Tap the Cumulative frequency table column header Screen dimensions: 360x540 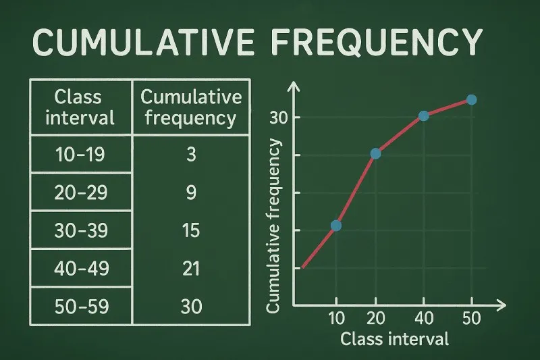click(x=191, y=108)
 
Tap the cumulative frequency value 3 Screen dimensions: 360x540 click(x=191, y=155)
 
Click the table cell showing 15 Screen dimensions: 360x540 click(x=191, y=230)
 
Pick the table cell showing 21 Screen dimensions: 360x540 click(x=191, y=268)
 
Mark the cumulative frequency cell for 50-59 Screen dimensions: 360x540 click(x=191, y=306)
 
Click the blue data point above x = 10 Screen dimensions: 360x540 click(x=335, y=226)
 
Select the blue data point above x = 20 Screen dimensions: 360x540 click(x=376, y=153)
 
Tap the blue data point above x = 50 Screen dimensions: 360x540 click(x=471, y=100)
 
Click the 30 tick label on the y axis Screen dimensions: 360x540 click(x=279, y=118)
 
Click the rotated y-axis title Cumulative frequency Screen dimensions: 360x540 click(x=273, y=226)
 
